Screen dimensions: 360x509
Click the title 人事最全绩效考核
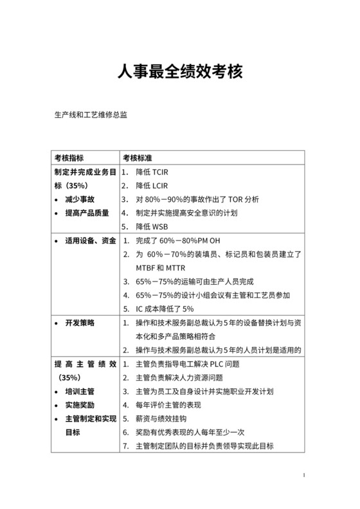179,72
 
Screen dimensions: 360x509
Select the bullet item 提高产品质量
87,213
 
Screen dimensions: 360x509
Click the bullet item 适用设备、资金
90,241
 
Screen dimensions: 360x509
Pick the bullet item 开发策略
80,323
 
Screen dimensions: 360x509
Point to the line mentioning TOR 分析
197,200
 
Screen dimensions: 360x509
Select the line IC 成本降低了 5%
165,309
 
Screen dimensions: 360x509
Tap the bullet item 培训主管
80,391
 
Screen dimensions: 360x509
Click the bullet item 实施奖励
80,405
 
